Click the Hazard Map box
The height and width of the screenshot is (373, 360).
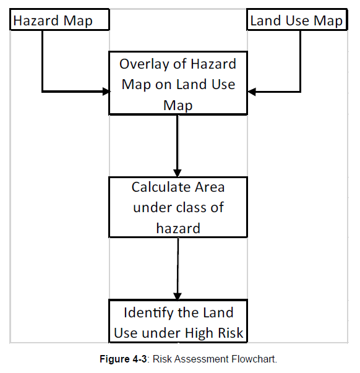pyautogui.click(x=59, y=20)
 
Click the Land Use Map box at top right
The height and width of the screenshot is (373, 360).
pyautogui.click(x=297, y=20)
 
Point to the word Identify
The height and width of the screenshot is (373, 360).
pyautogui.click(x=148, y=313)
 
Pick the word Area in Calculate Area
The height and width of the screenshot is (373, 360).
pyautogui.click(x=210, y=187)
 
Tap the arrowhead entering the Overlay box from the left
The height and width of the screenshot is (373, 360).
pyautogui.click(x=106, y=91)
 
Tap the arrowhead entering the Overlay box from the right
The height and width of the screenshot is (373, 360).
pyautogui.click(x=252, y=92)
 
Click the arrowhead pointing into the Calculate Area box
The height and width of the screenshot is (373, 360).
pyautogui.click(x=178, y=173)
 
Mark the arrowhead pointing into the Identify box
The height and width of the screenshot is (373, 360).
pyautogui.click(x=178, y=296)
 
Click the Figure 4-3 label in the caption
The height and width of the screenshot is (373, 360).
pyautogui.click(x=123, y=359)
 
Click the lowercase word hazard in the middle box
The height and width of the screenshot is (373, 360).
pyautogui.click(x=178, y=228)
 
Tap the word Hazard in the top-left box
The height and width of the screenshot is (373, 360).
pyautogui.click(x=36, y=20)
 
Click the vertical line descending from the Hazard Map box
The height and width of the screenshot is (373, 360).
pyautogui.click(x=42, y=61)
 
